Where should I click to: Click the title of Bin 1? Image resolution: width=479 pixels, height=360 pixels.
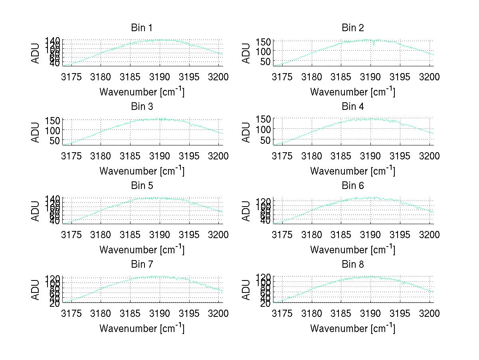(141, 28)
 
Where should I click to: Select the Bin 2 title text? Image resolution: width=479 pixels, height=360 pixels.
(352, 28)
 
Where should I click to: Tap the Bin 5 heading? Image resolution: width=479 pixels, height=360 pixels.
(141, 186)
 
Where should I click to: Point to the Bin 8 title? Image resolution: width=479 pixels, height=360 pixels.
(352, 265)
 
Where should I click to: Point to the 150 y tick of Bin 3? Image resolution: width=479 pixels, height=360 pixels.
(55, 120)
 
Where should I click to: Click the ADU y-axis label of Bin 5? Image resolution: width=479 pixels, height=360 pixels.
(36, 211)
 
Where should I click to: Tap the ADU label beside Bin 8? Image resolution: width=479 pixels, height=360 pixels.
(246, 289)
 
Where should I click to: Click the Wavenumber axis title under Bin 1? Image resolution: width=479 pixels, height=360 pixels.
(142, 92)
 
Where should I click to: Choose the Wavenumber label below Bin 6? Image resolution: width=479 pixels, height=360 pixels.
(352, 250)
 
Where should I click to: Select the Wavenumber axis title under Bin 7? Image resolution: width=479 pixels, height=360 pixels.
(142, 328)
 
